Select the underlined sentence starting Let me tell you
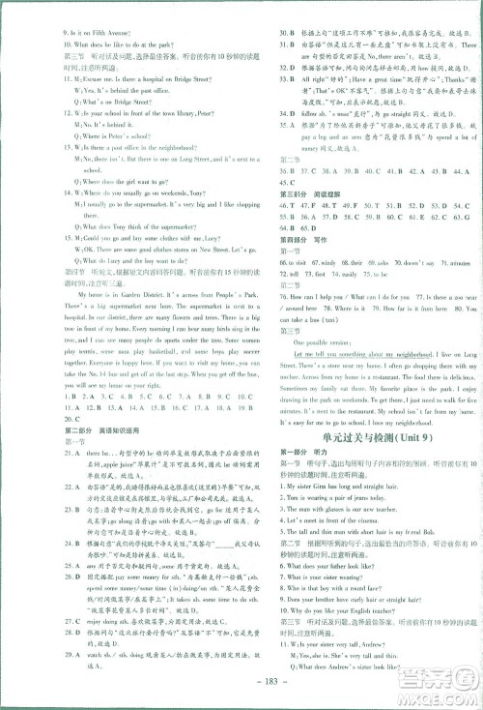click(x=362, y=355)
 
